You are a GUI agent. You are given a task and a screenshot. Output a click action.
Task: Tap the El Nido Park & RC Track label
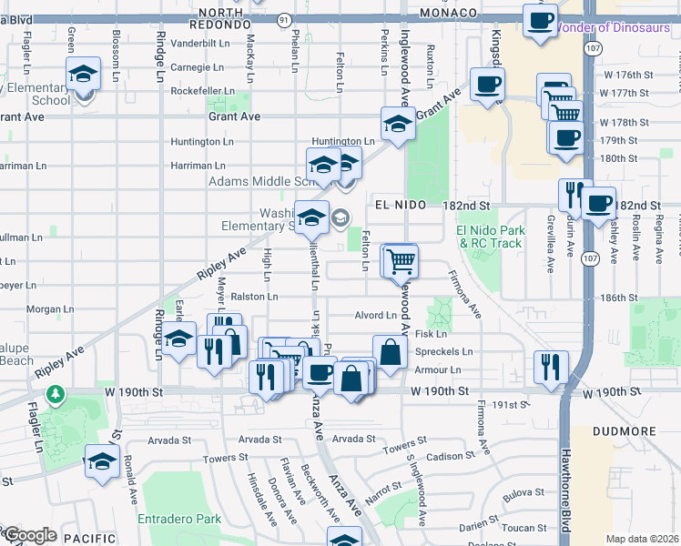coord(493,237)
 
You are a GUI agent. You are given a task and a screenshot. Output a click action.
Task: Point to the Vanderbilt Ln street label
coord(202,43)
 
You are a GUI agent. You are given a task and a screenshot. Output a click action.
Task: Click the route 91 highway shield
coord(285,19)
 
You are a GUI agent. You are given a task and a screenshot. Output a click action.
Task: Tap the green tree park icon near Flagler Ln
coord(57,394)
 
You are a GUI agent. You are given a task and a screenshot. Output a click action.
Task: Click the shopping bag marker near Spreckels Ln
coord(390,351)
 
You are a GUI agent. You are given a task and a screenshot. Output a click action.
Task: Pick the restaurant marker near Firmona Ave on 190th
coord(551,366)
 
